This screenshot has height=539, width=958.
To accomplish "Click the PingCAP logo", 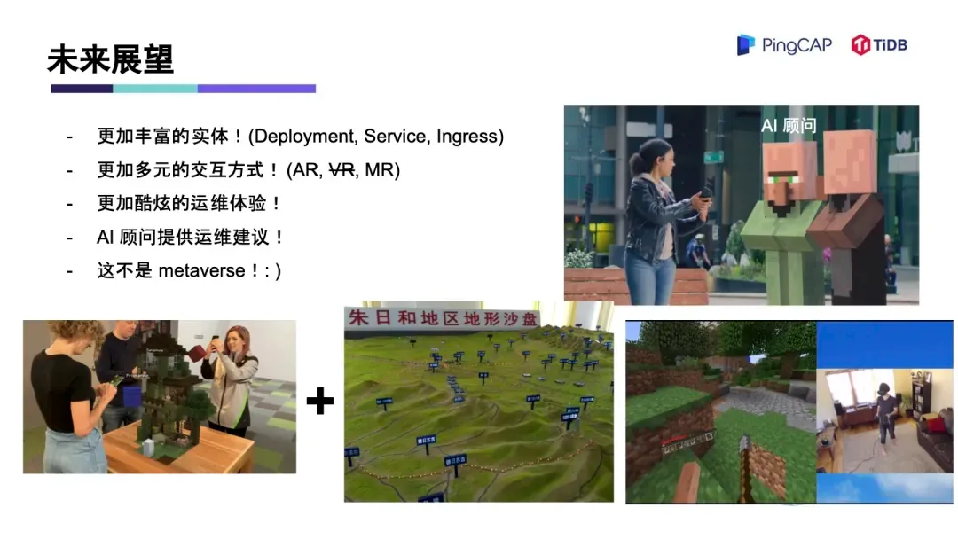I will click(784, 44).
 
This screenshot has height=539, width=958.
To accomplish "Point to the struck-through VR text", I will click(342, 169).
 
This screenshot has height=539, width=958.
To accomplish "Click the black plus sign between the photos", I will click(319, 402).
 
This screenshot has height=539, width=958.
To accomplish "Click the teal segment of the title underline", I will click(154, 89).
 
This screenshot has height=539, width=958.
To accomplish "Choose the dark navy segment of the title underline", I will click(82, 89).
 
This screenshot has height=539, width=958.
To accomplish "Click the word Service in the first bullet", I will click(394, 137).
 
